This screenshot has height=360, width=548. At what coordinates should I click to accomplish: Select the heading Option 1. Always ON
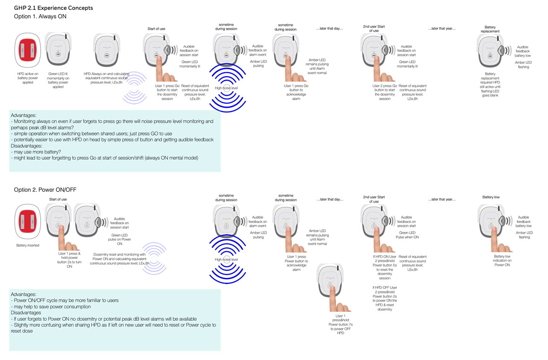click(41, 17)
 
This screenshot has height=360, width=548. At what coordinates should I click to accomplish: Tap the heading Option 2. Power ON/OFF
click(45, 189)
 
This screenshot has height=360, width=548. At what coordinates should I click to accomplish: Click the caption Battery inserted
click(28, 245)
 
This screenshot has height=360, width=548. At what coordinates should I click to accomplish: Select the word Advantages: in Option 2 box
click(26, 294)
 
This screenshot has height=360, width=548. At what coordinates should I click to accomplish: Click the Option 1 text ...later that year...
click(441, 29)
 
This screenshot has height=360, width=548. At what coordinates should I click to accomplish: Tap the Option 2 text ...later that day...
click(330, 199)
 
